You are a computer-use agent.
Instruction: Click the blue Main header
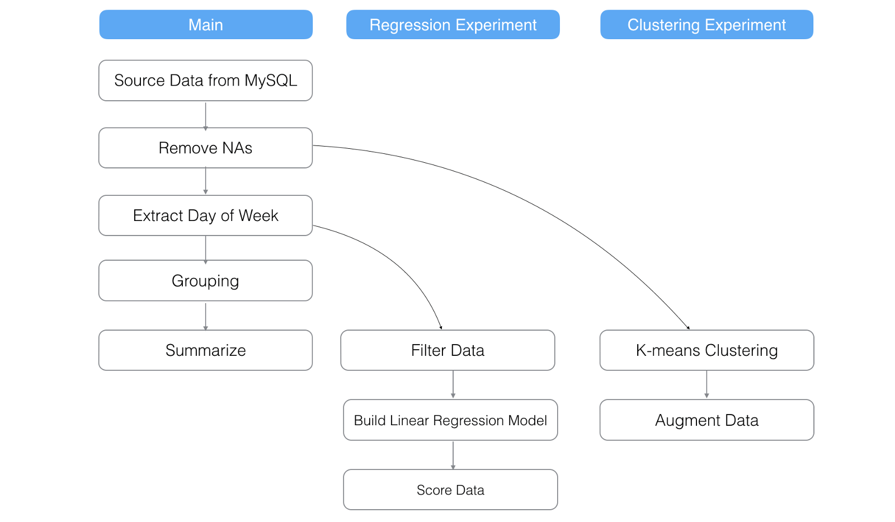(205, 25)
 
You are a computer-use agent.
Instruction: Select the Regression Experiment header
(453, 25)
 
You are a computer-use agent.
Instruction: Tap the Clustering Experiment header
(706, 25)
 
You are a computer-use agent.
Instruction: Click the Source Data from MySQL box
(205, 81)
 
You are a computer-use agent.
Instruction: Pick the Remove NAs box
(205, 148)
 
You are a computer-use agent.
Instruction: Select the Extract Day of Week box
(205, 215)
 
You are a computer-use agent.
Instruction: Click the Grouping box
(205, 280)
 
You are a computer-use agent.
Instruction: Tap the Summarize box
(205, 350)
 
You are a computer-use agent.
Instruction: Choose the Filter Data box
(447, 350)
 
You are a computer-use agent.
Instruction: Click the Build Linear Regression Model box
(450, 420)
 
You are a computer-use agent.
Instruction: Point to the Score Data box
(450, 490)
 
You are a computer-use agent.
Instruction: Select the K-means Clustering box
(706, 350)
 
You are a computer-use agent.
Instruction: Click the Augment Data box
(706, 420)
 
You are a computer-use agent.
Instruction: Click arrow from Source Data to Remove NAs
(205, 115)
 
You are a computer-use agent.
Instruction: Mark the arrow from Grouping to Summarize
(205, 316)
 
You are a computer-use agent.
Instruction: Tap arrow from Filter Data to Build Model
(453, 384)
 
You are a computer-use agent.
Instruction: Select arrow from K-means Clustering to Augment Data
(706, 384)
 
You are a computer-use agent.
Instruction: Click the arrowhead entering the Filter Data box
(441, 327)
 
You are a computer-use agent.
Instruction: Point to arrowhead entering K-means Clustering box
(688, 327)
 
